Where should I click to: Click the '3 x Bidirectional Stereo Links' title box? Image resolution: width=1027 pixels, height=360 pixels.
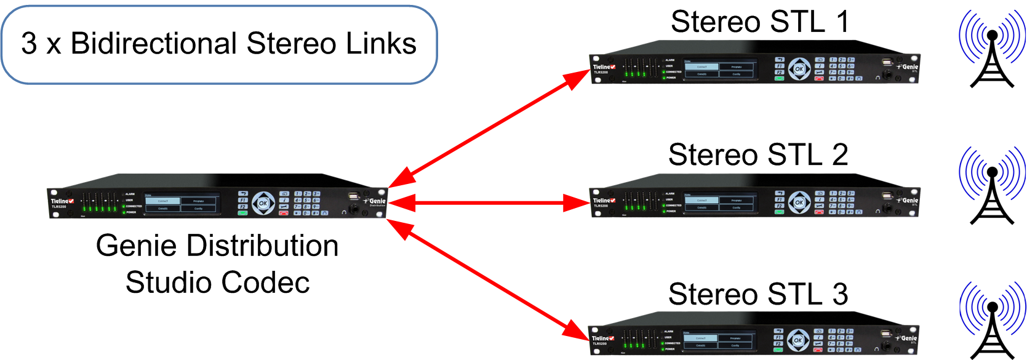click(218, 44)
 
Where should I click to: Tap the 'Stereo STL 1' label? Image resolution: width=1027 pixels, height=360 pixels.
click(759, 22)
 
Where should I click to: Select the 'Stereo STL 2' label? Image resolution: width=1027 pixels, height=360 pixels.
click(757, 154)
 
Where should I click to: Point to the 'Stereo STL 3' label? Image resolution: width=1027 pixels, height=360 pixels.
click(757, 294)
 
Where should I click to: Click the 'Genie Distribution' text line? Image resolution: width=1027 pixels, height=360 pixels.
click(217, 246)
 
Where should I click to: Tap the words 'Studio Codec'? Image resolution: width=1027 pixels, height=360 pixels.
click(217, 282)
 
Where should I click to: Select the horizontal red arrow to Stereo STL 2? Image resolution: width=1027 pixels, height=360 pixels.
click(489, 202)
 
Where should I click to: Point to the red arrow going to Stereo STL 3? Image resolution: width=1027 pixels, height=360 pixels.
click(489, 281)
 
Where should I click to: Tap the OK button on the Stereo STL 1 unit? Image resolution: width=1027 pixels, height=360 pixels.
click(799, 69)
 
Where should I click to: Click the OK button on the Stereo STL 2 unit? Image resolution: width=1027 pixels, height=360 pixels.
click(799, 202)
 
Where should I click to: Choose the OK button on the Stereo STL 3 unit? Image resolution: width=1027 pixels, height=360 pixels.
click(797, 340)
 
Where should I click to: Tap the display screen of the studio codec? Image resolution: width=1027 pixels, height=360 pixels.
click(181, 204)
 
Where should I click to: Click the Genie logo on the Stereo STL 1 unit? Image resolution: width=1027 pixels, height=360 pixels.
click(908, 66)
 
